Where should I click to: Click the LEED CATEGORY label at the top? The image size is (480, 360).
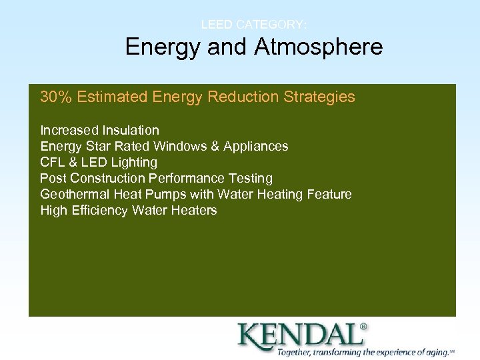254,25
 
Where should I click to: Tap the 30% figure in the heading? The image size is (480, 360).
56,97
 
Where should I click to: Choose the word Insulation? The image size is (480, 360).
131,130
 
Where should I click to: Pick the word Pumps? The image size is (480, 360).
168,195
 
